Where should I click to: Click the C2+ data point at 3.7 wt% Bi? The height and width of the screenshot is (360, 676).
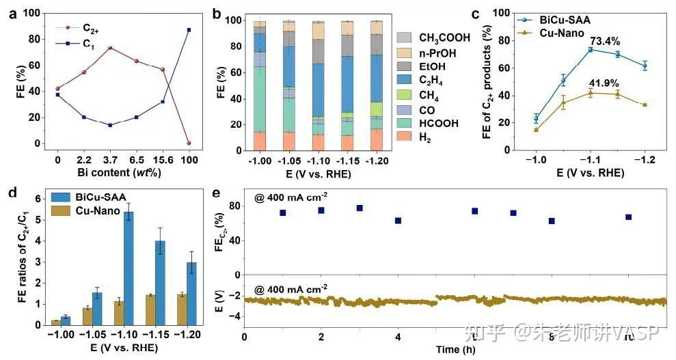click(x=110, y=48)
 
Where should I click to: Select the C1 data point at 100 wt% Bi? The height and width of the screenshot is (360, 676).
click(x=189, y=30)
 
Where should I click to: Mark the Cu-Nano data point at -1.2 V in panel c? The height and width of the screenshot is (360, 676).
click(x=644, y=105)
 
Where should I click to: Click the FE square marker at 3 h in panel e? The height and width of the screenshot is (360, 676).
click(x=360, y=208)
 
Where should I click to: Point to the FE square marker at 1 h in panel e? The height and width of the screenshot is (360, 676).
click(x=283, y=212)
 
